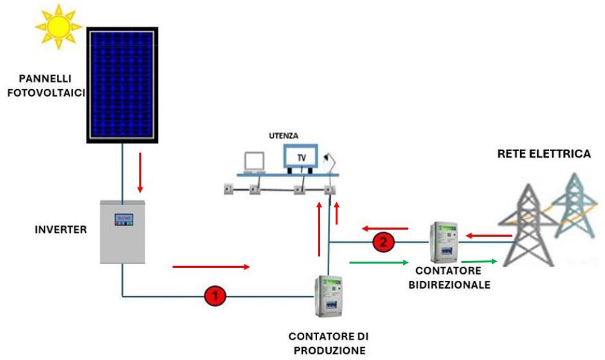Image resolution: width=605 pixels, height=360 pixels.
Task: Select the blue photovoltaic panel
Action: click(120, 84)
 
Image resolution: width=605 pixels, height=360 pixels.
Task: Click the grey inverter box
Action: click(124, 231)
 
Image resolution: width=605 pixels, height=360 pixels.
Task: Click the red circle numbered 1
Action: click(215, 296)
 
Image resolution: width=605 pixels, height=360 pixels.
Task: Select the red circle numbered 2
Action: click(382, 242)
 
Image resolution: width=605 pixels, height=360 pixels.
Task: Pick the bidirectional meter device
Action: click(444, 238)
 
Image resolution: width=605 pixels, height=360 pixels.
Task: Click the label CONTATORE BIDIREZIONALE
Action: click(449, 278)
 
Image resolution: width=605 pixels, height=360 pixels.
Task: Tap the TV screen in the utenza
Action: click(300, 156)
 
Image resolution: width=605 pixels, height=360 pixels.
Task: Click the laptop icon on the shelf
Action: click(253, 163)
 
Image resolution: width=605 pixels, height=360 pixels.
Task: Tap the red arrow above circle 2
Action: click(384, 228)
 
